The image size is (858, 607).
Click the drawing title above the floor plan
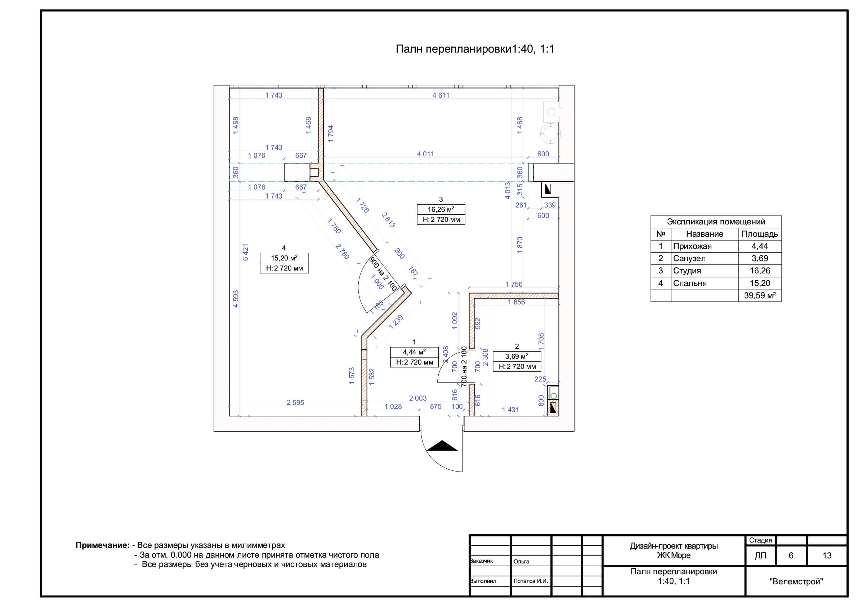[x=475, y=49]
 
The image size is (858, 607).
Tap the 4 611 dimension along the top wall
[x=441, y=95]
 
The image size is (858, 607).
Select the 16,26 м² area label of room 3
[x=441, y=209]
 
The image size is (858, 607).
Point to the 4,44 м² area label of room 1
[x=414, y=352]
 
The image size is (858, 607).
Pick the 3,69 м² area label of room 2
[x=517, y=357]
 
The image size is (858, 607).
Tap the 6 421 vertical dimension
[x=246, y=252]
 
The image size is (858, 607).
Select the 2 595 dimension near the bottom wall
[x=295, y=402]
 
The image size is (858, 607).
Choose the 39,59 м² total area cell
[x=760, y=296]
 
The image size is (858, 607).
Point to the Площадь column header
[x=760, y=234]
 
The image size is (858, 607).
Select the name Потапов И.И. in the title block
[x=531, y=581]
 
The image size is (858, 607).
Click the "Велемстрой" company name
[x=796, y=581]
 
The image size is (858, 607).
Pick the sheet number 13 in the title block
[x=827, y=555]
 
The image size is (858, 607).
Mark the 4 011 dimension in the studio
[x=425, y=154]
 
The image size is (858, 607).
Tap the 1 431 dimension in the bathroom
[x=510, y=410]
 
